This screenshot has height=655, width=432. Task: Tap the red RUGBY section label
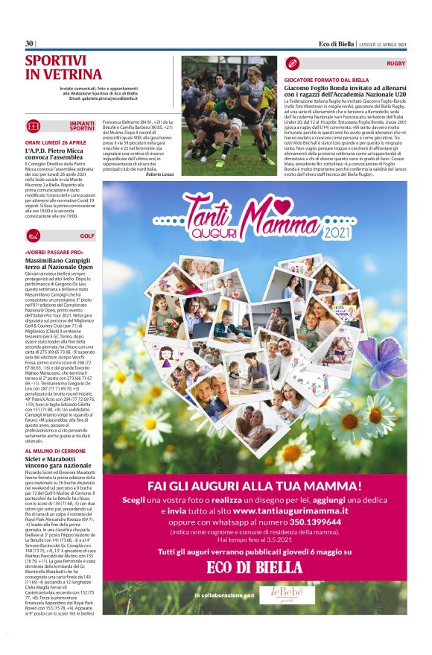click(396, 64)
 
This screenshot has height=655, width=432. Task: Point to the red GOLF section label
click(89, 236)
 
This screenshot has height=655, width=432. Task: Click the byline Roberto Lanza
click(162, 174)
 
